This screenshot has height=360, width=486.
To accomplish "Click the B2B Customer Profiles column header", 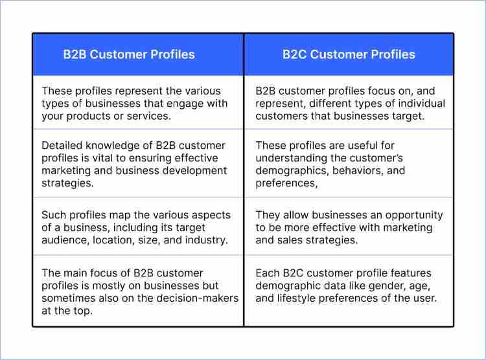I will [x=129, y=54].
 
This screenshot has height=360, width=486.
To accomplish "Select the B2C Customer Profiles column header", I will [x=349, y=54].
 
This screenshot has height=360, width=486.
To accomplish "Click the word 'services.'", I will [x=149, y=116].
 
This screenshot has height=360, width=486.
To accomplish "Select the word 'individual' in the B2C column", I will [x=421, y=104].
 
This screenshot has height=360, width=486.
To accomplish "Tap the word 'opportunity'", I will [x=413, y=214].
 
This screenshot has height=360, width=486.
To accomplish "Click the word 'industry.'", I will [x=205, y=240].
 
